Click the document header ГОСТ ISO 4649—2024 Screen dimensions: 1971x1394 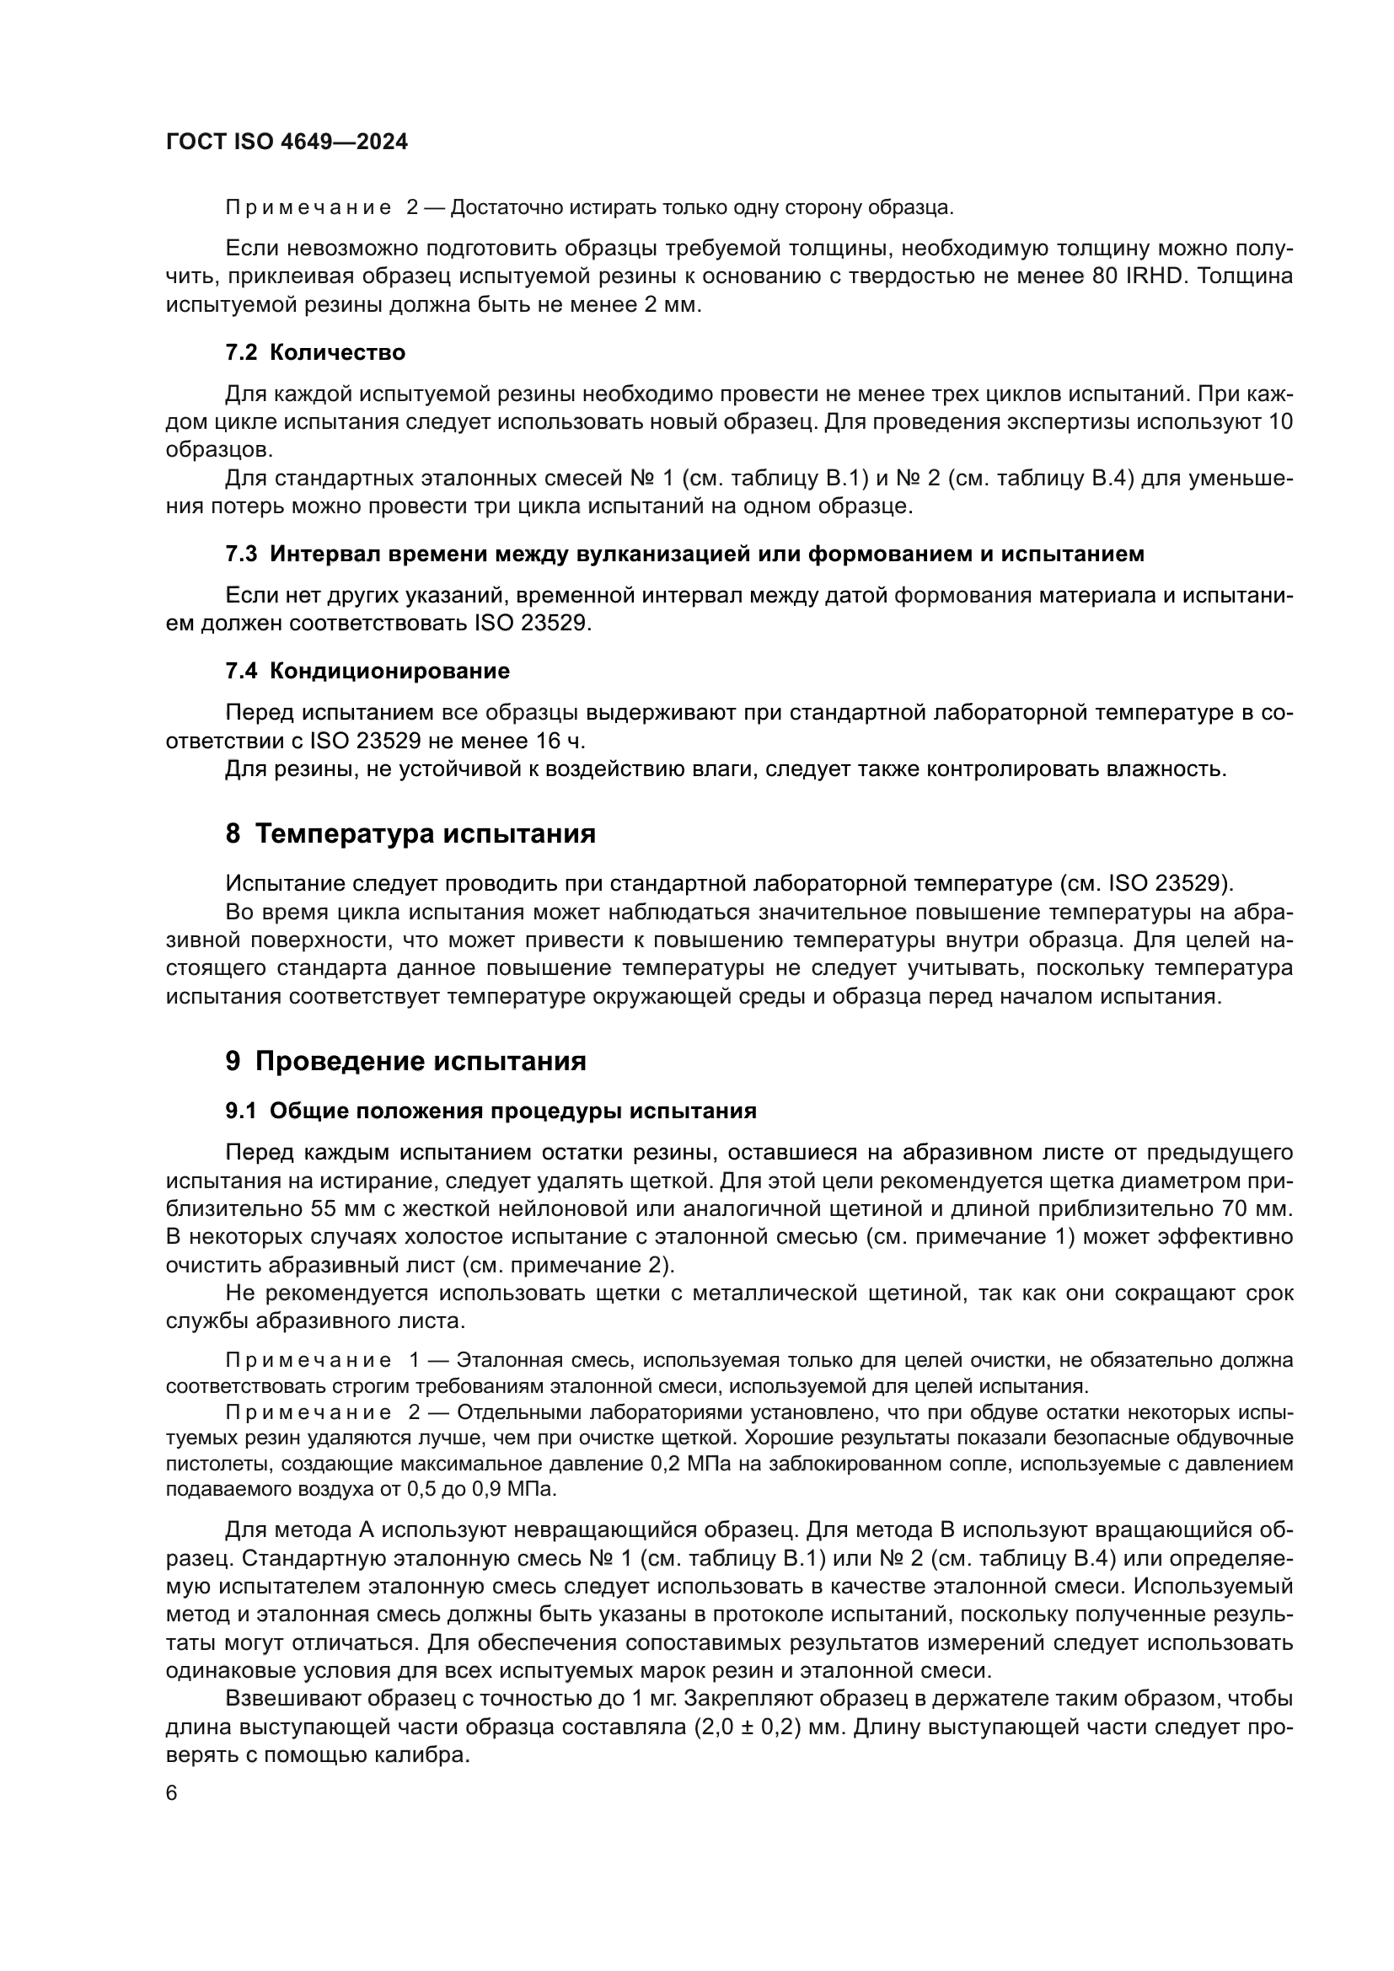pyautogui.click(x=287, y=142)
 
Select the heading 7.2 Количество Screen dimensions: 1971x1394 pyautogui.click(x=315, y=353)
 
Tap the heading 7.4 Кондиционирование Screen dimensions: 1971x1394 pyautogui.click(x=367, y=671)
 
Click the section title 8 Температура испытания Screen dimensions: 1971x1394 pyautogui.click(x=410, y=833)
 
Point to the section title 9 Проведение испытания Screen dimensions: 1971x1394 pyautogui.click(x=406, y=1061)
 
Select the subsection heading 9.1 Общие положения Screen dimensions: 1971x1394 pyautogui.click(x=491, y=1111)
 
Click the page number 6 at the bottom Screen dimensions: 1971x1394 pyautogui.click(x=172, y=1793)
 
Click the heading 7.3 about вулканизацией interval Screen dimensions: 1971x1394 pyautogui.click(x=685, y=554)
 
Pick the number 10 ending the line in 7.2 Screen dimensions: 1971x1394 pyautogui.click(x=1280, y=422)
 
